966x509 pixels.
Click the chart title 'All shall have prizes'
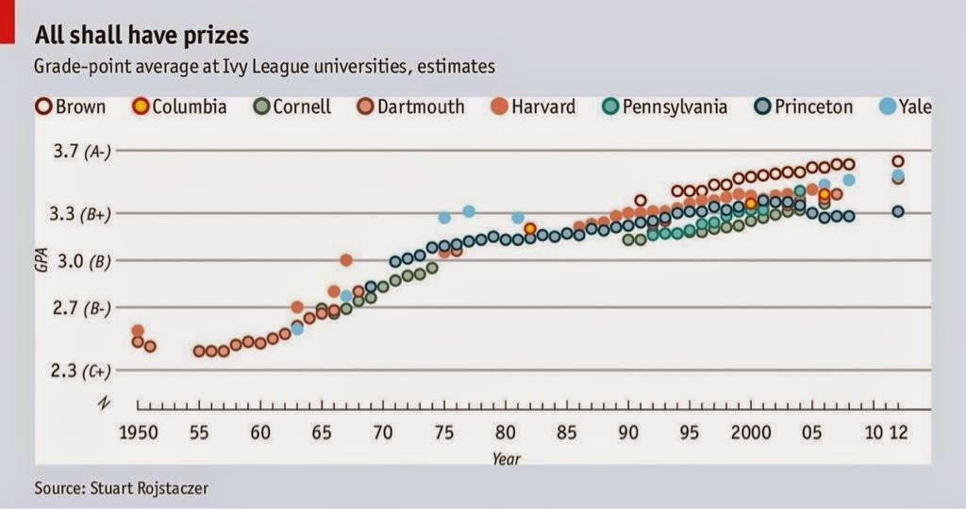(142, 36)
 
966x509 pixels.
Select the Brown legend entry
(71, 107)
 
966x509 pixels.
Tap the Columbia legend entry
(180, 107)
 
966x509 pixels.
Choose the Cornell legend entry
(293, 107)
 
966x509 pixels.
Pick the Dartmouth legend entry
(411, 107)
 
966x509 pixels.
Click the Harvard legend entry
(533, 107)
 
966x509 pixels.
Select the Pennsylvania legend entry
(665, 107)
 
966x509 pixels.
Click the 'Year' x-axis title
(505, 459)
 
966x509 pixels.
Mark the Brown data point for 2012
(898, 161)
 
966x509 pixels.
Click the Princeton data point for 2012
(898, 211)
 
